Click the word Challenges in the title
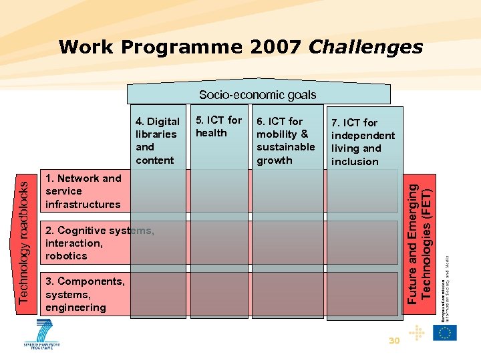click(x=365, y=47)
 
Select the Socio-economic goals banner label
click(x=257, y=95)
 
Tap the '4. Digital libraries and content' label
click(x=157, y=140)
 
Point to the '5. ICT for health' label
click(x=218, y=126)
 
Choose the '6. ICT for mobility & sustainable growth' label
click(x=285, y=140)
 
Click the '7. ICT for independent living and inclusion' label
click(x=363, y=142)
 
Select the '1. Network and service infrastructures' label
click(x=84, y=191)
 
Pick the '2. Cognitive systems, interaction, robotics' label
click(x=100, y=243)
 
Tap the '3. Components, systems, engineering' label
click(x=85, y=294)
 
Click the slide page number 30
click(x=394, y=341)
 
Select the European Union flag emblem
click(x=444, y=333)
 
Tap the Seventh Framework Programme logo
click(x=43, y=334)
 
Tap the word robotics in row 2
click(x=66, y=256)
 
